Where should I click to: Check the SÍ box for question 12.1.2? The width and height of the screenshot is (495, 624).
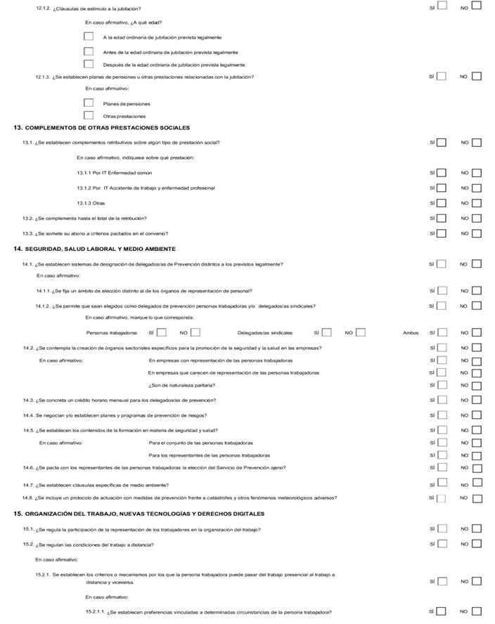(x=442, y=6)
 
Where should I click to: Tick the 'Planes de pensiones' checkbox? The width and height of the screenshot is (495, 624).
(x=89, y=103)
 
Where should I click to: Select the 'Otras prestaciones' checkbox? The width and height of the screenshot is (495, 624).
(x=89, y=115)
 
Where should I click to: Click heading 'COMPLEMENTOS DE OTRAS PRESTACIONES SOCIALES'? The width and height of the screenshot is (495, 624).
(x=108, y=128)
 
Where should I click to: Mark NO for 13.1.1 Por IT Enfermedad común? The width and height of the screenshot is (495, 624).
(x=477, y=173)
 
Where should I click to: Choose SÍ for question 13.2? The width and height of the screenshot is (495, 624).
(x=442, y=219)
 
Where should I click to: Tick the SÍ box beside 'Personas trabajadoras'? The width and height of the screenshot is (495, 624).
(x=162, y=332)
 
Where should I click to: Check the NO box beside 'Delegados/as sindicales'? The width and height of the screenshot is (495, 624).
(x=361, y=332)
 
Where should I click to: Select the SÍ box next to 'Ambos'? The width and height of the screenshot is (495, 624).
(x=442, y=332)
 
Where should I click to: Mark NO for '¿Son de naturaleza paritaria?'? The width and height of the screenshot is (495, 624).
(x=477, y=385)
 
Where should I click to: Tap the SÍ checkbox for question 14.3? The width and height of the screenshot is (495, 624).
(x=442, y=400)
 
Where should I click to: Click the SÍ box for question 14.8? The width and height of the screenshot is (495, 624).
(x=442, y=498)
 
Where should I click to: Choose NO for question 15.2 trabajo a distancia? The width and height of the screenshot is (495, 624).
(x=477, y=544)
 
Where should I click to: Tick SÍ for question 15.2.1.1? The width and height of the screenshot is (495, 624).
(x=442, y=611)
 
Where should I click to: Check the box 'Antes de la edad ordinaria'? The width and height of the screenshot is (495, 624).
(x=89, y=51)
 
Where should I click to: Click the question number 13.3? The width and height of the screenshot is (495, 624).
(x=28, y=233)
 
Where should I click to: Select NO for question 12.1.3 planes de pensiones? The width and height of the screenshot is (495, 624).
(x=477, y=77)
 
